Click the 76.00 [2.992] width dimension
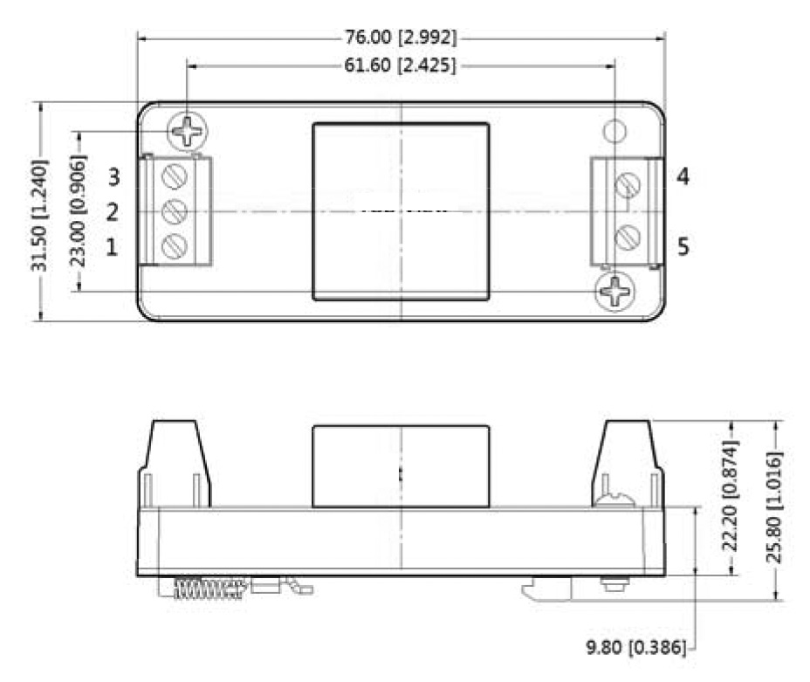[401, 38]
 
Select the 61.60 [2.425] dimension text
[402, 66]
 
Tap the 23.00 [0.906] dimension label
[79, 212]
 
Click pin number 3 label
[113, 177]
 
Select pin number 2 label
[113, 212]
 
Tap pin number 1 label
[113, 248]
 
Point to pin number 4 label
[683, 177]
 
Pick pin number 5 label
[683, 247]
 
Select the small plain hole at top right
[615, 131]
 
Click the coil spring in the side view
[207, 589]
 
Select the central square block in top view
[401, 211]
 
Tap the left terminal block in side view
[175, 463]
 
